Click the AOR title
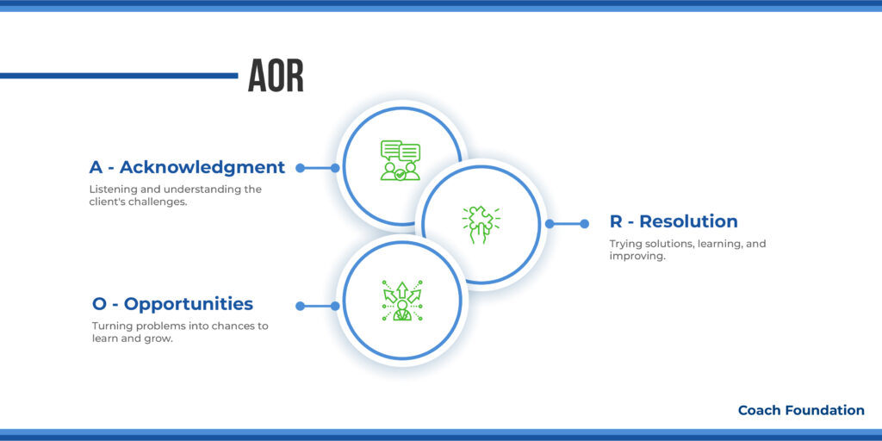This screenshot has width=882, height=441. coord(276,77)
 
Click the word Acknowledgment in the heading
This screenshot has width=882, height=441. coord(202,167)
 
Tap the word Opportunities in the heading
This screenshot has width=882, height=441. coord(189,304)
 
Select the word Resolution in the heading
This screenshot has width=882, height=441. coord(688,221)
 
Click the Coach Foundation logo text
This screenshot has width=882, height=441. coord(801,411)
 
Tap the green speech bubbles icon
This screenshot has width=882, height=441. coord(401,161)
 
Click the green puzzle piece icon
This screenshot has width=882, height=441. coord(480,224)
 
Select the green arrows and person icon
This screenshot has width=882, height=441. coord(401,301)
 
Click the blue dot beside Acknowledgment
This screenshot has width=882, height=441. coord(300,168)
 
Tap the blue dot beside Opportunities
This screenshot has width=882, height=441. coord(300,306)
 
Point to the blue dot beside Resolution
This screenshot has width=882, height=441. coord(584,224)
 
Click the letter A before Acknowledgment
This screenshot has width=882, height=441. coord(96,167)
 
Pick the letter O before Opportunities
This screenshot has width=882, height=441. coord(99,304)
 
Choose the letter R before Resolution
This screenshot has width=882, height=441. coord(617,221)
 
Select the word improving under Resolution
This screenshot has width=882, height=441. coord(637,257)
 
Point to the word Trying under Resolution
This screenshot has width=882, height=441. coord(626,244)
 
